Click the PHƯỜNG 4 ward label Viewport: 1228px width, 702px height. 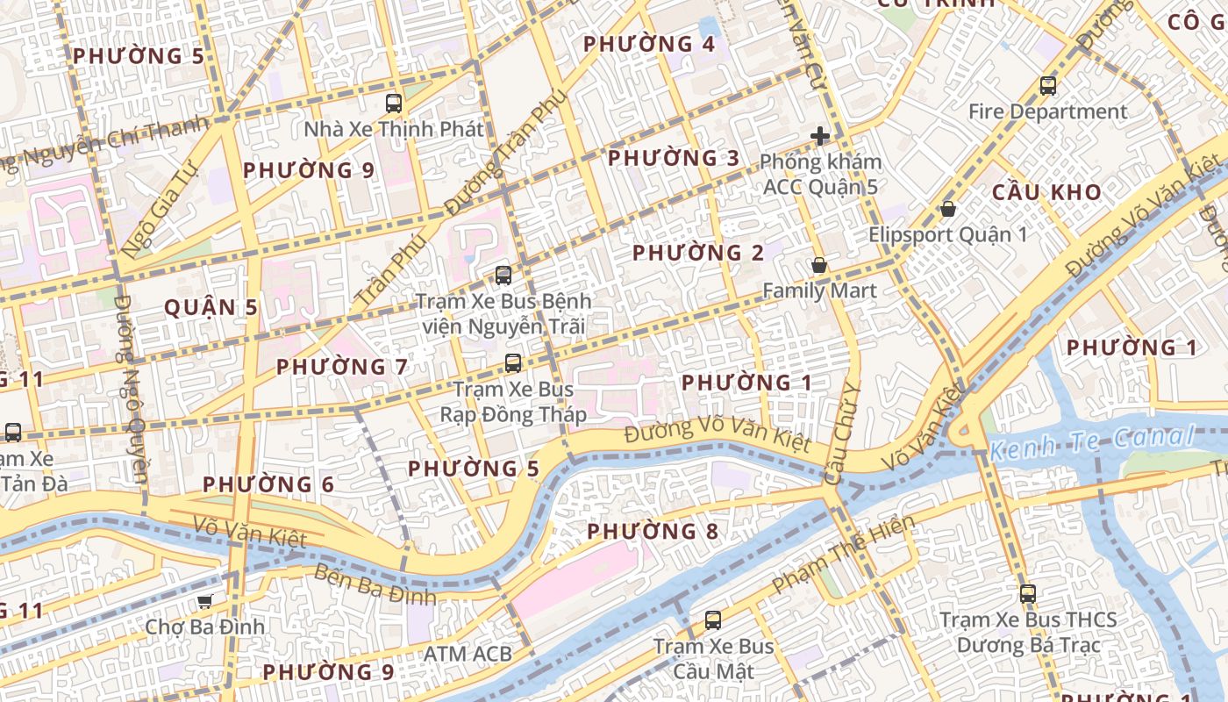coord(649,44)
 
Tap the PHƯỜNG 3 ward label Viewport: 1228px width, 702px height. coord(674,159)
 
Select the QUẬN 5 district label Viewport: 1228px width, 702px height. coord(211,308)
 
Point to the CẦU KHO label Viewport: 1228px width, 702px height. coord(1046,192)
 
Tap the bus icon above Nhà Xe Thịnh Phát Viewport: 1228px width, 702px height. coord(394,103)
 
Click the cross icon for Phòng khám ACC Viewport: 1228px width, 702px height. coord(820,136)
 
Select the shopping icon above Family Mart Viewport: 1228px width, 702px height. coord(819,264)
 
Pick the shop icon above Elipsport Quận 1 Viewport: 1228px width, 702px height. coord(947,209)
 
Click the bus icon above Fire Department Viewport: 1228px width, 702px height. coord(1047,86)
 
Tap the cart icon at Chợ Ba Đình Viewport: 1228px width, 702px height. coord(204,601)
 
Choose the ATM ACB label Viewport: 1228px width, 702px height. coord(468,654)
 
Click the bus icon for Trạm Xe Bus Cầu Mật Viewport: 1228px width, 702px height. coord(713,620)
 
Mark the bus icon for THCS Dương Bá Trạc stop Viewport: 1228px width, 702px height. coord(1028,593)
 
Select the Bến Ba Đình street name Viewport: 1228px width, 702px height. coord(375,584)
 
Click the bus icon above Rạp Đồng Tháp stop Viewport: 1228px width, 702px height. coord(513,362)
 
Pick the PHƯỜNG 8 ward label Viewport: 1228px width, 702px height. coord(653,532)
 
